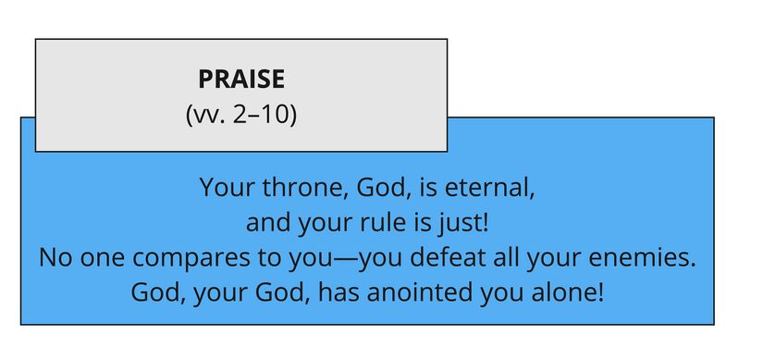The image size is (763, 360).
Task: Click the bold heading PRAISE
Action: (241, 80)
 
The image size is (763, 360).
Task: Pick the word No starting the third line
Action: (56, 258)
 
